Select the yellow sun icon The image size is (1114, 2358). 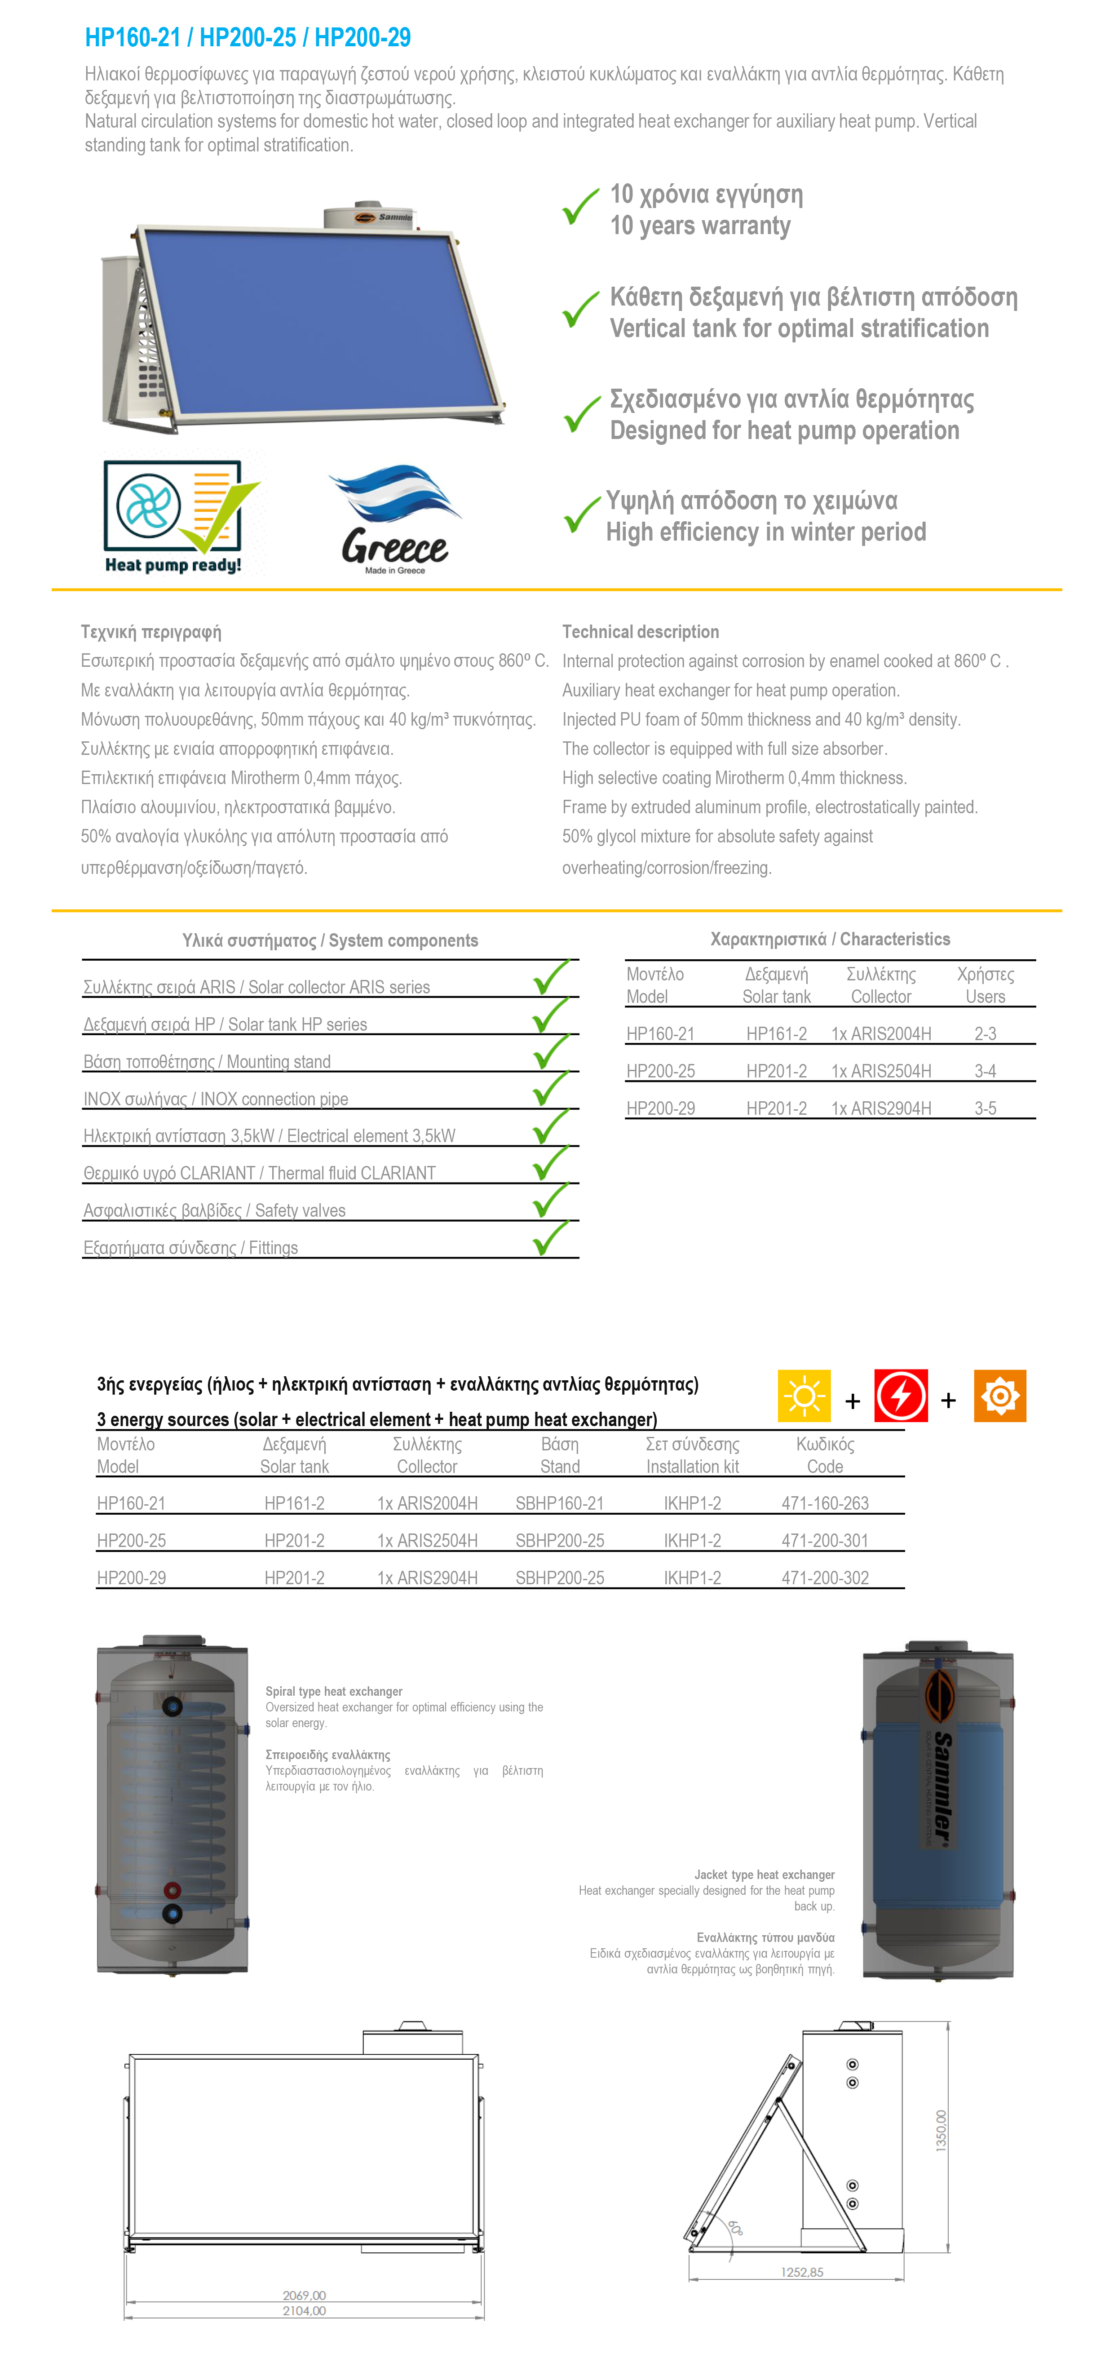(804, 1396)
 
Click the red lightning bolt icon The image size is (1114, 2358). (901, 1396)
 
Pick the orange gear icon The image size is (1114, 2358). (999, 1396)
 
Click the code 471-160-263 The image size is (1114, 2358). (825, 1503)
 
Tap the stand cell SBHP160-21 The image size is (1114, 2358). (559, 1503)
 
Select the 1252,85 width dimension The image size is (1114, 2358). (802, 2272)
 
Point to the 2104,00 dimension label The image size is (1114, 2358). (304, 2310)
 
